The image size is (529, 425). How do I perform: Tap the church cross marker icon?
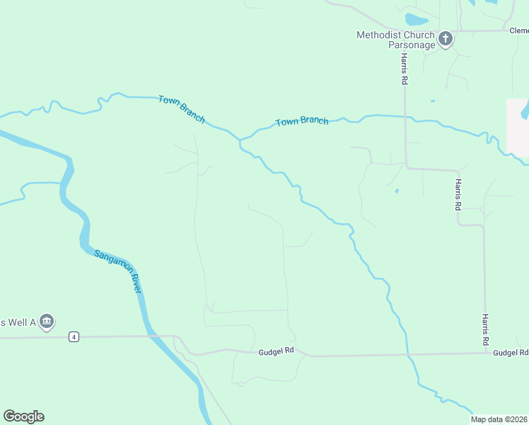coord(446,38)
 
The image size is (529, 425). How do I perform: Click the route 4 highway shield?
coord(74,336)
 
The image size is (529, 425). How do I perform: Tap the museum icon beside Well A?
coord(47,322)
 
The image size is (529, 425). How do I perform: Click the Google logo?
coord(23,416)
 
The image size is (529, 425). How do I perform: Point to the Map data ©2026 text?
coord(499,419)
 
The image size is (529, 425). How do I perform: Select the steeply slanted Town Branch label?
coord(182,110)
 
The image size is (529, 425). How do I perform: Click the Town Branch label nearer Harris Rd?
coord(302,121)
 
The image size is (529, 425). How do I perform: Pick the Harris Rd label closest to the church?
coord(403,69)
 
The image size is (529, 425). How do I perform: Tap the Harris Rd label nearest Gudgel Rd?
coord(486,330)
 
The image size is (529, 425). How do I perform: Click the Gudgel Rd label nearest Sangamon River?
coord(276,351)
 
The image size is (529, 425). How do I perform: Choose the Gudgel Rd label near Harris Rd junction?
coord(511,352)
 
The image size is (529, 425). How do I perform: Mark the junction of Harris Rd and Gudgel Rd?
coord(486,353)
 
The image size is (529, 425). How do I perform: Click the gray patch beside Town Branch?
coord(517,127)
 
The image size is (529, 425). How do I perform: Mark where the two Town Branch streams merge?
coord(241,138)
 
